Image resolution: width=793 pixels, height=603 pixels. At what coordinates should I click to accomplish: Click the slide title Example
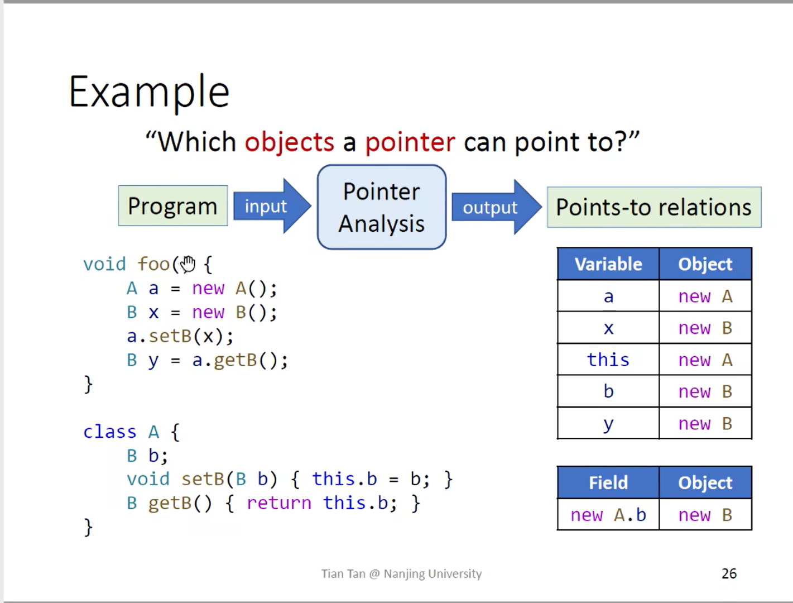tap(149, 93)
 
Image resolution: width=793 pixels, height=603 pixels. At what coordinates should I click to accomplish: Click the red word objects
tap(290, 142)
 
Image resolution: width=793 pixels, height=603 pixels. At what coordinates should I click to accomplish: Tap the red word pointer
tap(410, 142)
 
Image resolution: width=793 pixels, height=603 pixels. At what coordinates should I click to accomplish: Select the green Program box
tap(172, 205)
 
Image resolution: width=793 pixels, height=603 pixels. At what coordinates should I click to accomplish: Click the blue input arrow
tap(272, 206)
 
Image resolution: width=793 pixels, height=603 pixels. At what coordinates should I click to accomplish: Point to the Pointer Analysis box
tap(382, 207)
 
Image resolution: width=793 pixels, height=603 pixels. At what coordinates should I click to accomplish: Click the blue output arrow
tap(497, 207)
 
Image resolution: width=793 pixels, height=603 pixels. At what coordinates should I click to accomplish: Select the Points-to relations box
tap(654, 207)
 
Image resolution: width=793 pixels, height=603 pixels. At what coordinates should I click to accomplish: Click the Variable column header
tap(608, 264)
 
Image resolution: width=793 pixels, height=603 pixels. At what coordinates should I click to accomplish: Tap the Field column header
tap(608, 482)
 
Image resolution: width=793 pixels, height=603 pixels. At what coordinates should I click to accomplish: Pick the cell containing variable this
tap(608, 360)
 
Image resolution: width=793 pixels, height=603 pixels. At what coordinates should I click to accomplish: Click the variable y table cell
tap(608, 423)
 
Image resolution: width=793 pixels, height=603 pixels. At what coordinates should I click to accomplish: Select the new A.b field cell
tap(608, 514)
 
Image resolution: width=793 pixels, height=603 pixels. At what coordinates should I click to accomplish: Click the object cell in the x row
tap(705, 328)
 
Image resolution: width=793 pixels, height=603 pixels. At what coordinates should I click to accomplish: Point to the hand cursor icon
tap(188, 264)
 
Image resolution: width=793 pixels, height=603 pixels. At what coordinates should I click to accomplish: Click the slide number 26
tap(729, 573)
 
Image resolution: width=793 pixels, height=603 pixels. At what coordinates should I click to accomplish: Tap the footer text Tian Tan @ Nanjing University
tap(401, 574)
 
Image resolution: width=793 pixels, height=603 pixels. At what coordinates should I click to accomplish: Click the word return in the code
tap(279, 503)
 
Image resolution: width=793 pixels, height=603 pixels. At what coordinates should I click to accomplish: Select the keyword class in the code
tap(109, 432)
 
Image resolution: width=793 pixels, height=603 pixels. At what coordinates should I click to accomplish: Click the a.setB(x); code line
tap(180, 336)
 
